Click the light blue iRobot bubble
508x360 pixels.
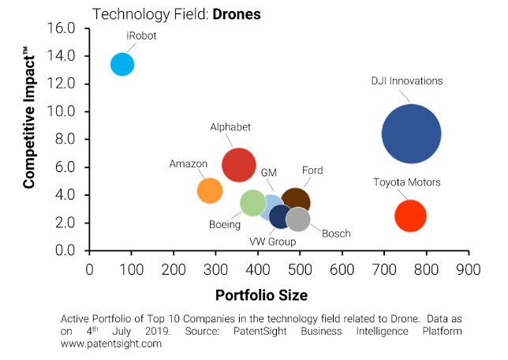pos(122,65)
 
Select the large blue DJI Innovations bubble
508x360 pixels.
pos(410,134)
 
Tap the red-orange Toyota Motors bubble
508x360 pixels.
pos(409,216)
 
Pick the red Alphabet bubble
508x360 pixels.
pos(238,165)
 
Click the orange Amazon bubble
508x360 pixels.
pos(209,190)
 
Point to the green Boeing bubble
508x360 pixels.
pos(252,202)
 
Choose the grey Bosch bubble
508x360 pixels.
pos(298,219)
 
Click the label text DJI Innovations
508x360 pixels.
pos(407,81)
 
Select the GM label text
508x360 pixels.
pos(268,172)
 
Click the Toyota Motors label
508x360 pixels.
pos(406,182)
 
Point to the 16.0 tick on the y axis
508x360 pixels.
pos(60,28)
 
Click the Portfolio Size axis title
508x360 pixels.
pos(260,295)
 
